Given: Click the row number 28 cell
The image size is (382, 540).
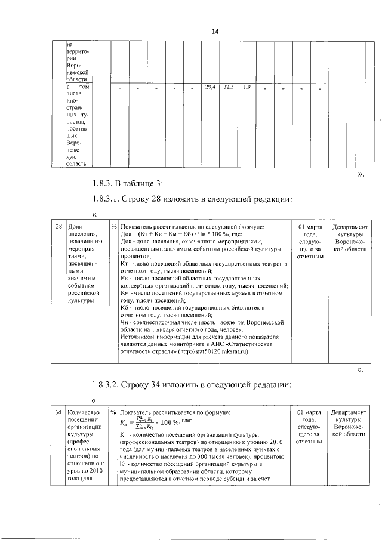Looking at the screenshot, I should [x=58, y=227].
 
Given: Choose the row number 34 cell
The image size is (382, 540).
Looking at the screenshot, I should [x=58, y=412].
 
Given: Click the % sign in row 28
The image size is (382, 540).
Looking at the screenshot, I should [x=113, y=227].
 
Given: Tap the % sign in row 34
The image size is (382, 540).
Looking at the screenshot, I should [x=113, y=412].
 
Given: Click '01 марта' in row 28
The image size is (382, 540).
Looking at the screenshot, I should [x=310, y=227].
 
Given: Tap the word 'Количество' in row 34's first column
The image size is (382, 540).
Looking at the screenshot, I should [x=84, y=412].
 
